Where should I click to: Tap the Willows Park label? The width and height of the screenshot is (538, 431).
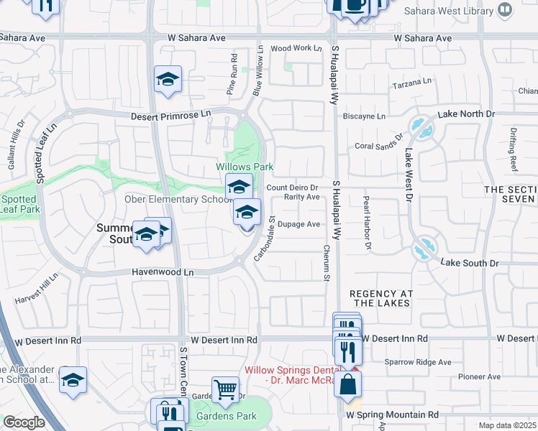[x=245, y=167]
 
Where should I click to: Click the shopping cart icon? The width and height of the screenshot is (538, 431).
[x=226, y=389]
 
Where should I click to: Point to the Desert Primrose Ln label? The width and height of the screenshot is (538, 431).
[x=171, y=116]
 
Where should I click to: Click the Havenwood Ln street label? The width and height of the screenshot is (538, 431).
[x=163, y=273]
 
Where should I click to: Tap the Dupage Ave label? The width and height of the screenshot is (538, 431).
[x=298, y=224]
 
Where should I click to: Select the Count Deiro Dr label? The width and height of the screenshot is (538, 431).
[x=292, y=187]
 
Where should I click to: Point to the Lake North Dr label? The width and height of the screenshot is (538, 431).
[x=467, y=114]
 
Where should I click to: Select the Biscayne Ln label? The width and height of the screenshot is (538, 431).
[x=365, y=116]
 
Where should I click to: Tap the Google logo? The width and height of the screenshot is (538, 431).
[x=24, y=422]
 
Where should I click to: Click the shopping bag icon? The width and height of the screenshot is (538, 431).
[x=347, y=383]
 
